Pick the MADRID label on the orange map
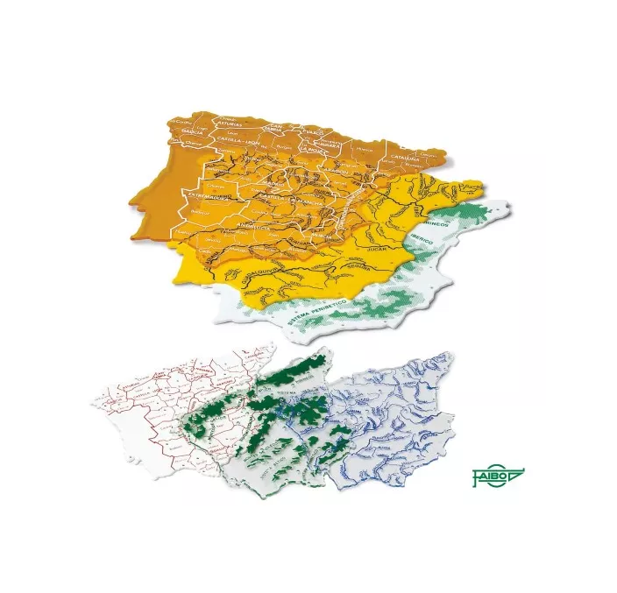pos(273,185)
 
